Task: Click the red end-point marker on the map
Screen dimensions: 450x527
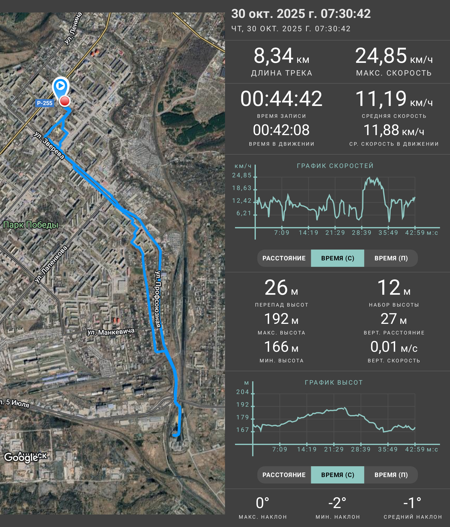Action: click(64, 101)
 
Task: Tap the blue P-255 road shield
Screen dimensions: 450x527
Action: click(45, 103)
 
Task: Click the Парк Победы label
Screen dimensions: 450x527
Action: click(31, 225)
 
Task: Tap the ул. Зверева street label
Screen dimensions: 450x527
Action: click(49, 145)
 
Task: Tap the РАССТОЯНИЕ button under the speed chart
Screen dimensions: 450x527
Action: click(284, 258)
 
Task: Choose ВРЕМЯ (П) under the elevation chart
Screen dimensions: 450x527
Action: click(391, 475)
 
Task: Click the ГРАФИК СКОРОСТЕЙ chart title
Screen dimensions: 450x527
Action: click(335, 166)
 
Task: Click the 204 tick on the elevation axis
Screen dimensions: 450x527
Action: click(242, 392)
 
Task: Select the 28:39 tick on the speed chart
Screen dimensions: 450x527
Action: click(362, 233)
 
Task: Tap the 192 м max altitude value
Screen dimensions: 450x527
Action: click(281, 319)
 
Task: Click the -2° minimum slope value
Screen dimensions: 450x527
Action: click(337, 503)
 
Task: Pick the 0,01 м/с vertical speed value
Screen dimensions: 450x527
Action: click(394, 347)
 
